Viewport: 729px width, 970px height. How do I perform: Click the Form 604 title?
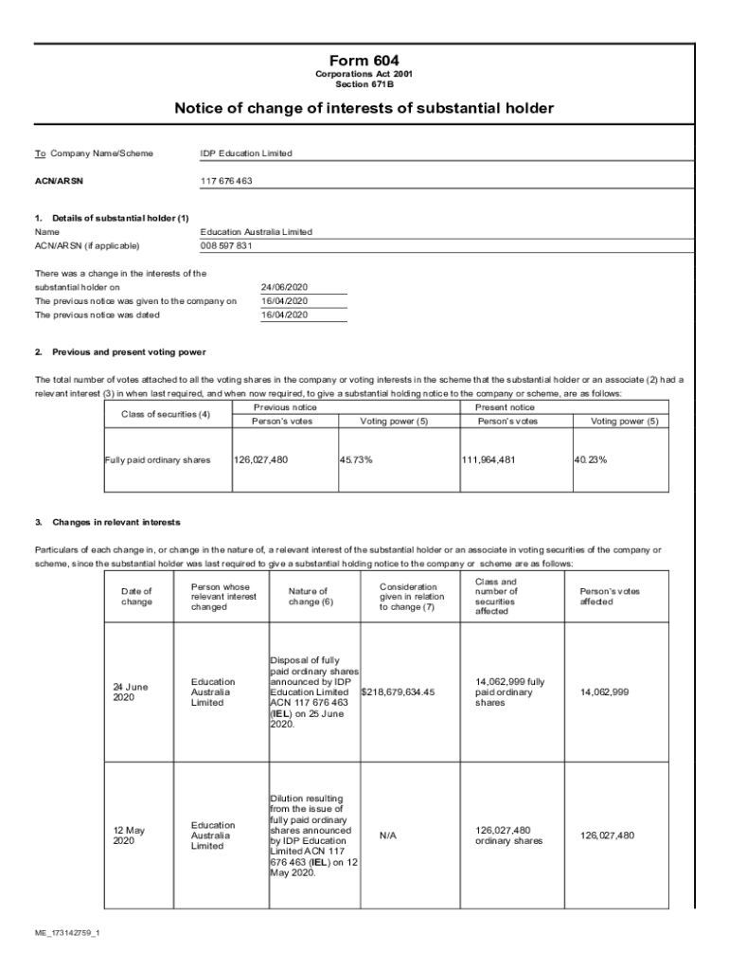pos(364,61)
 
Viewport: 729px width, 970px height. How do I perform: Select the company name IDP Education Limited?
pos(246,153)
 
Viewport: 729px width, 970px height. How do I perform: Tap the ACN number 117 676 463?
pos(226,180)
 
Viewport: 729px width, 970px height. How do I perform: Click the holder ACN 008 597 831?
pos(226,246)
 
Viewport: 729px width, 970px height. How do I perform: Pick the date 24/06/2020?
pos(284,287)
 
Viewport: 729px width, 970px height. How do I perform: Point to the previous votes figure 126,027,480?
pos(260,460)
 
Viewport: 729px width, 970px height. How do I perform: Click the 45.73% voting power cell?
pos(356,460)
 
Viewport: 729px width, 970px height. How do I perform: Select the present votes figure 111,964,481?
pos(489,460)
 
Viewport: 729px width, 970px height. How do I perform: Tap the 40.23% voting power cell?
pos(590,460)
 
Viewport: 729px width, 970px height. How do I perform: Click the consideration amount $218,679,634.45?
pos(399,692)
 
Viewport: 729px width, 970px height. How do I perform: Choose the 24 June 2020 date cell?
pos(131,692)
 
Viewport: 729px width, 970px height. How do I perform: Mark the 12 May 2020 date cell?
pos(129,835)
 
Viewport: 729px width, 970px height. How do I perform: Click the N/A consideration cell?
pos(387,836)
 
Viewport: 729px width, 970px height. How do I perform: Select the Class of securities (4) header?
pos(166,415)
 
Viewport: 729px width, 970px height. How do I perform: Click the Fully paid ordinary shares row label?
pos(157,460)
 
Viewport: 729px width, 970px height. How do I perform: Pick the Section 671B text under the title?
pos(364,83)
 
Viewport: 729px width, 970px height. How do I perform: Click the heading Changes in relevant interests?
pos(116,522)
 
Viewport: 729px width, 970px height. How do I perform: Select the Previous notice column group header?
pos(285,407)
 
